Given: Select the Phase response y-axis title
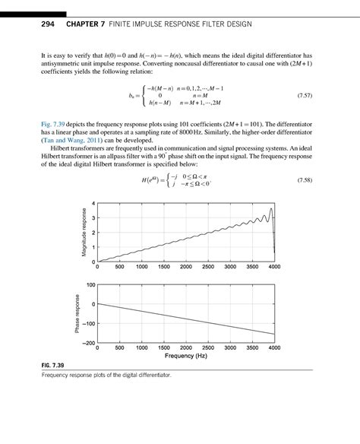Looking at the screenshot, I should point(77,313).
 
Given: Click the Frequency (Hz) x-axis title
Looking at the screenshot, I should point(185,355).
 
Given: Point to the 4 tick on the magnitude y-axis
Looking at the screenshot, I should point(93,204).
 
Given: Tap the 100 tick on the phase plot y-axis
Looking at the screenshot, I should point(90,285).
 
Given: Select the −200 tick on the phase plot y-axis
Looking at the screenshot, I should point(88,343).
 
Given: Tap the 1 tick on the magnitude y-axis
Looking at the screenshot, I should point(93,247).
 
